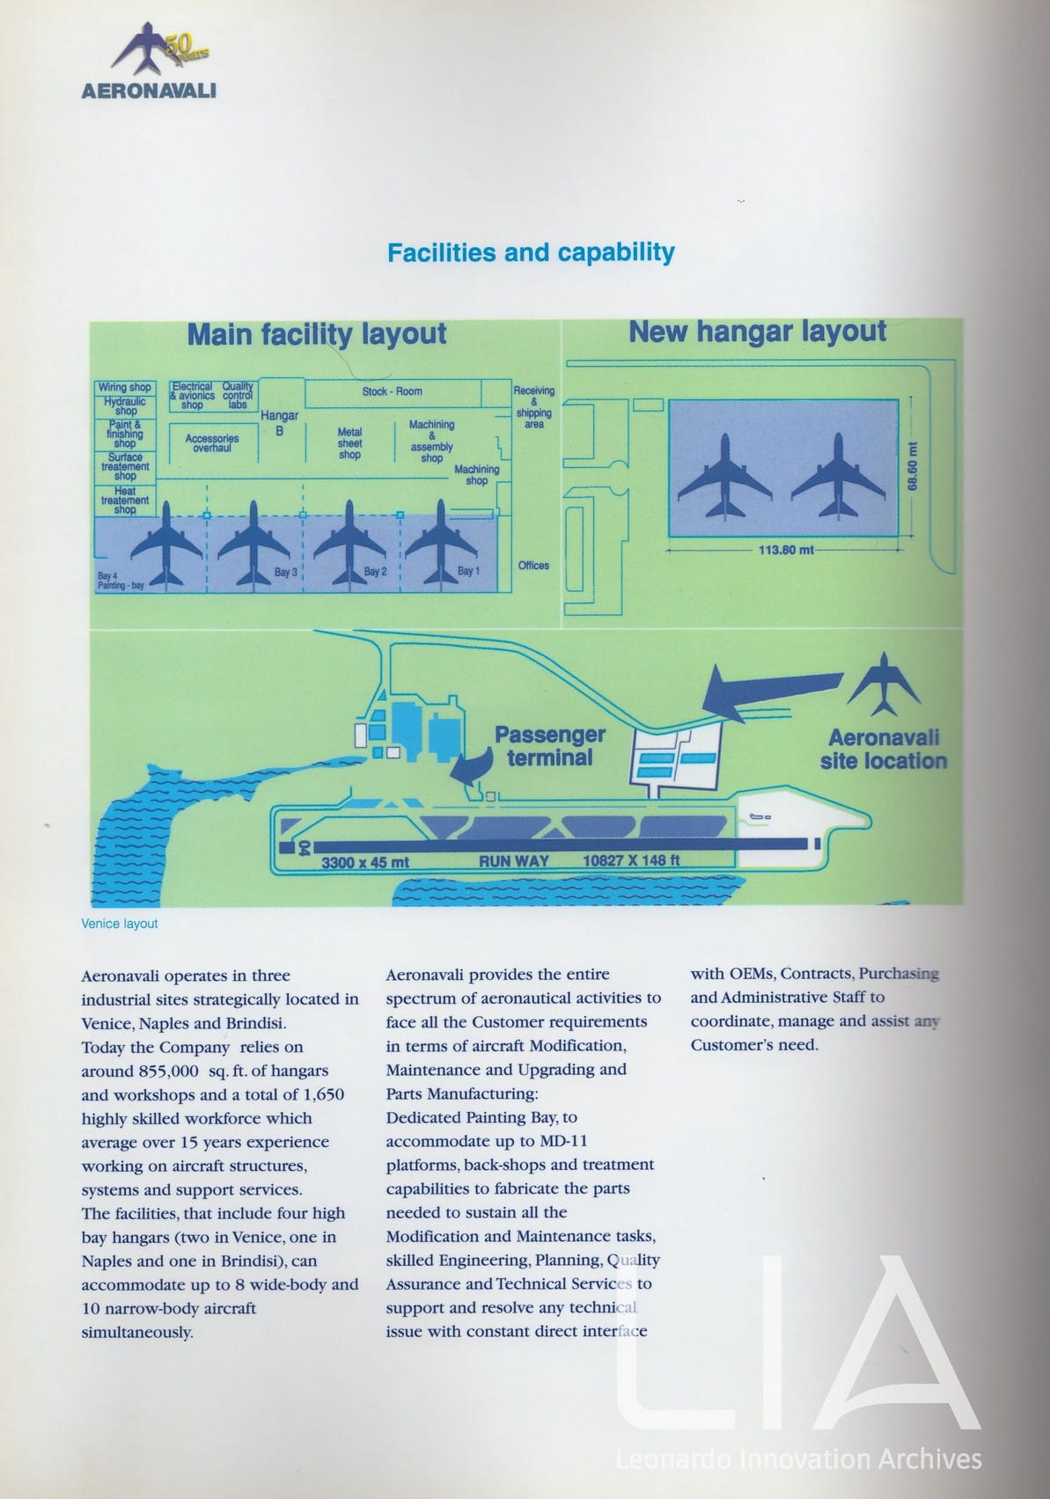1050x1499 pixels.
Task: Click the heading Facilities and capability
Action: click(531, 253)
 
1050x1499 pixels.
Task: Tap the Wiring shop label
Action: click(124, 387)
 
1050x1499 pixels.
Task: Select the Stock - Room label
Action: click(392, 391)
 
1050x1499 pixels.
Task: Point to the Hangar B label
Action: click(279, 422)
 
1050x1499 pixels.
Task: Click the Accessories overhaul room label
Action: click(212, 442)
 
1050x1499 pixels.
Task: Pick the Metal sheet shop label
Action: click(349, 443)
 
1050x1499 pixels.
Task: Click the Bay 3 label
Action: click(286, 573)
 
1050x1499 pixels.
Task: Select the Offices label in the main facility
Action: click(533, 566)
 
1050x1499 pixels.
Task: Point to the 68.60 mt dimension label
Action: click(913, 465)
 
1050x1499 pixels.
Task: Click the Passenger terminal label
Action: click(549, 746)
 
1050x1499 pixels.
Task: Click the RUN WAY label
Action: click(513, 861)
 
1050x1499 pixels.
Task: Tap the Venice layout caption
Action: click(120, 924)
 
